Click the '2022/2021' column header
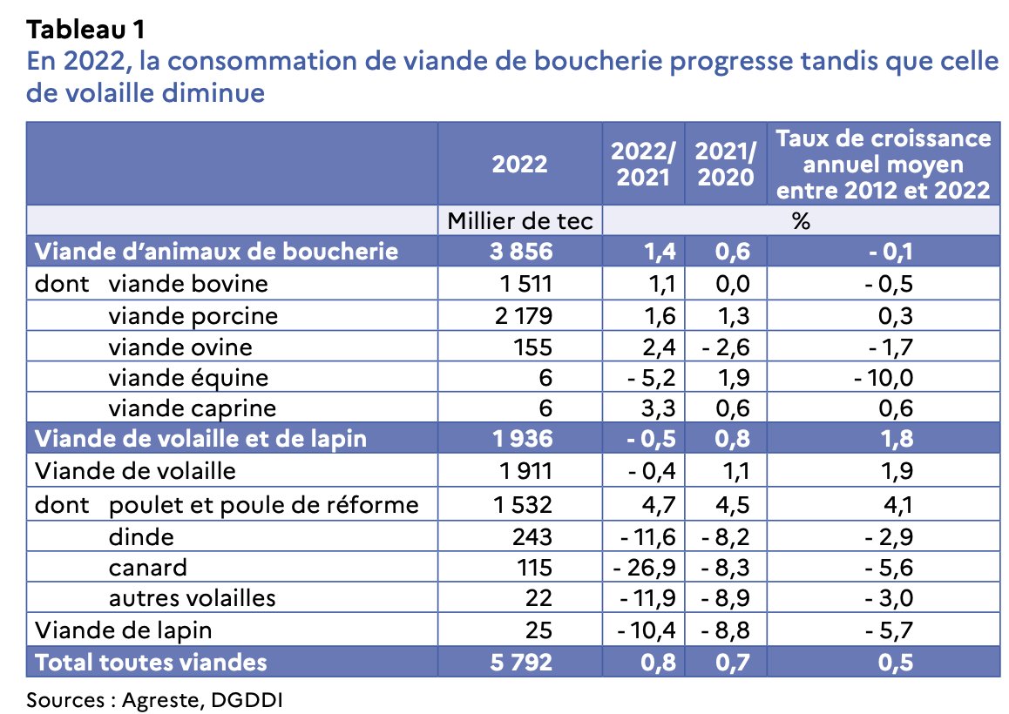click(643, 163)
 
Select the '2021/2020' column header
click(725, 163)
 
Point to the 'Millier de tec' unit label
click(519, 221)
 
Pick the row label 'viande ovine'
click(180, 347)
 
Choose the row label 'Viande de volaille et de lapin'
click(200, 439)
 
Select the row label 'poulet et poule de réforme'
click(263, 504)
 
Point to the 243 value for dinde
click(532, 536)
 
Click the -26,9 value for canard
click(646, 567)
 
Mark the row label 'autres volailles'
click(192, 598)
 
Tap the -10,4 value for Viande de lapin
click(647, 629)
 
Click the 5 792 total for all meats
click(521, 661)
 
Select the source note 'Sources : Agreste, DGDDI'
click(155, 698)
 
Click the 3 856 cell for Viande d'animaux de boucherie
click(521, 252)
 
